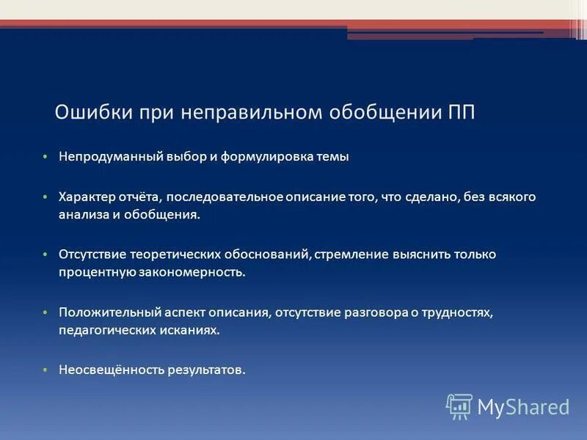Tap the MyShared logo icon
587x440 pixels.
459,406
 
